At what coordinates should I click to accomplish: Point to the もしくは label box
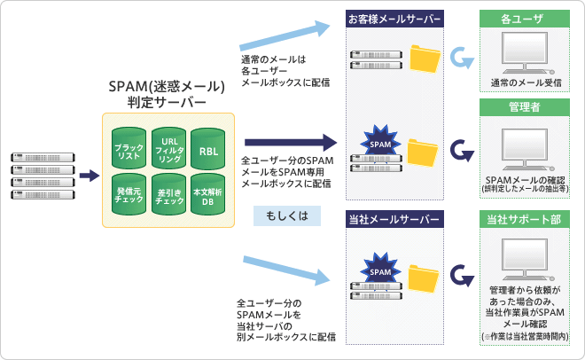tap(285, 216)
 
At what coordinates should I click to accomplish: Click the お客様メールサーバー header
tap(394, 18)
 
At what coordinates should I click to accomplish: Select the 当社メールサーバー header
tap(394, 219)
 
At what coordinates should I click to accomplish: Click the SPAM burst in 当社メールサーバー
tap(378, 270)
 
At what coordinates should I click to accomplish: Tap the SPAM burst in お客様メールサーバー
tap(378, 141)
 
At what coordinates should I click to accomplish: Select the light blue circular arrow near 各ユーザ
tap(461, 59)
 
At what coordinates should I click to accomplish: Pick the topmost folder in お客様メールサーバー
tap(425, 59)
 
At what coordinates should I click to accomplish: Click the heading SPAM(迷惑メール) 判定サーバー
tap(168, 94)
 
